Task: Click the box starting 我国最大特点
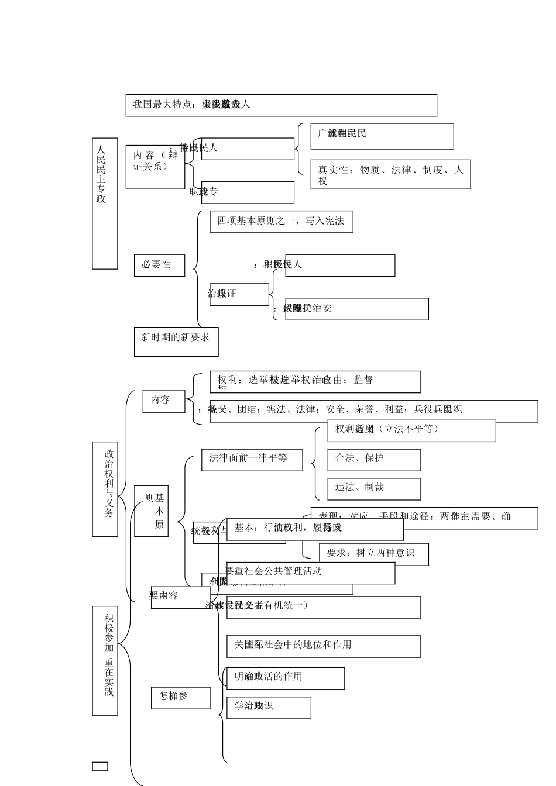(281, 105)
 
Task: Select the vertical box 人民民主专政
(105, 204)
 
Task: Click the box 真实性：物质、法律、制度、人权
(390, 174)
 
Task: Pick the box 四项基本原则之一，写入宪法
(281, 222)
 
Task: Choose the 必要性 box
(159, 265)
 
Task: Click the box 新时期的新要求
(176, 342)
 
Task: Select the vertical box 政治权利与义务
(105, 489)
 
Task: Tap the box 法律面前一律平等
(252, 460)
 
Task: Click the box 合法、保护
(373, 460)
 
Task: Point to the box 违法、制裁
(373, 489)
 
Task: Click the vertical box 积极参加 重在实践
(105, 660)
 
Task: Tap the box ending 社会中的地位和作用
(323, 646)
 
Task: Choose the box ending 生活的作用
(285, 678)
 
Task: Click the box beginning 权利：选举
(315, 382)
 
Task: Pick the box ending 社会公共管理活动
(310, 573)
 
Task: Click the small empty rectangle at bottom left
(100, 766)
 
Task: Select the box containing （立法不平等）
(411, 430)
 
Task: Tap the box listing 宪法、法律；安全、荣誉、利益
(373, 411)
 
